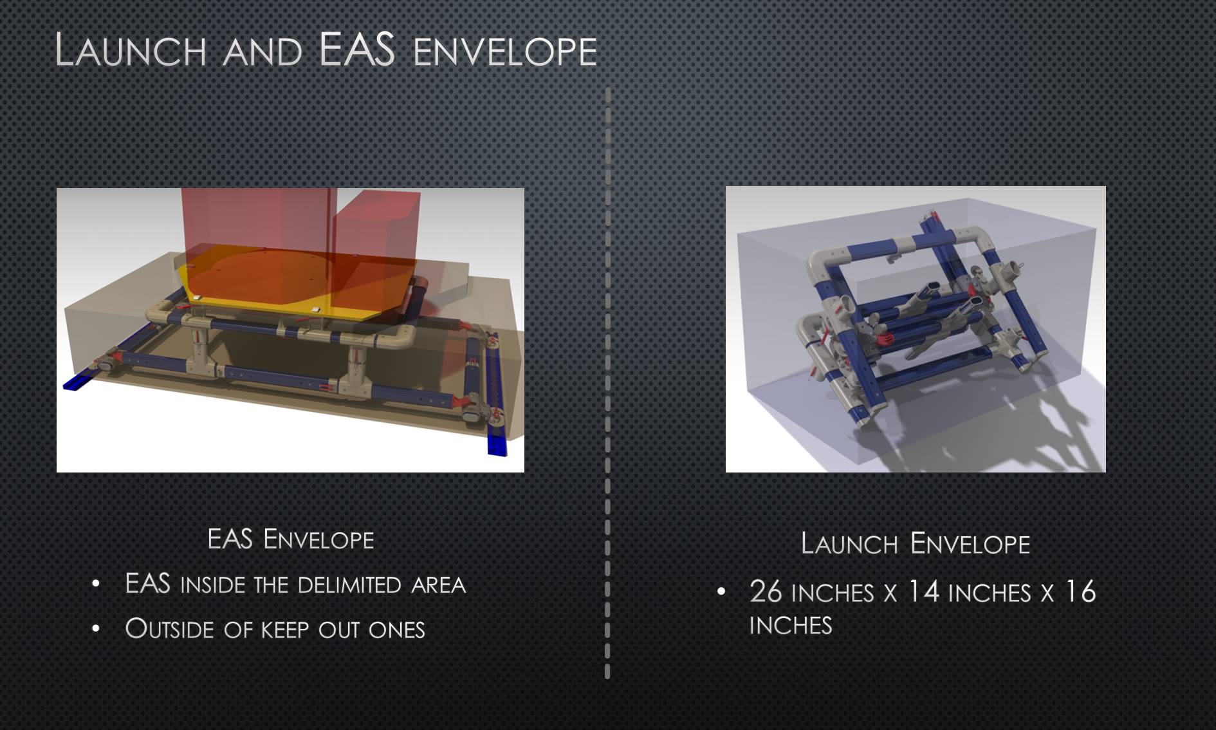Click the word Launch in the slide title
131,50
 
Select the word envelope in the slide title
505,52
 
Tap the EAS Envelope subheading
290,539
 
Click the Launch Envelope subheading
915,544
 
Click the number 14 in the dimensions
923,592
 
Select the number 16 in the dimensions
1081,592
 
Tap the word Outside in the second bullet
169,629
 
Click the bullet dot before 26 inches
721,591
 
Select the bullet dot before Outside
96,628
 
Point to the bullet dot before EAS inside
96,584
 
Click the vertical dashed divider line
607,383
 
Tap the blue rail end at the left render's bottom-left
76,381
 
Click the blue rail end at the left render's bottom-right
497,445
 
